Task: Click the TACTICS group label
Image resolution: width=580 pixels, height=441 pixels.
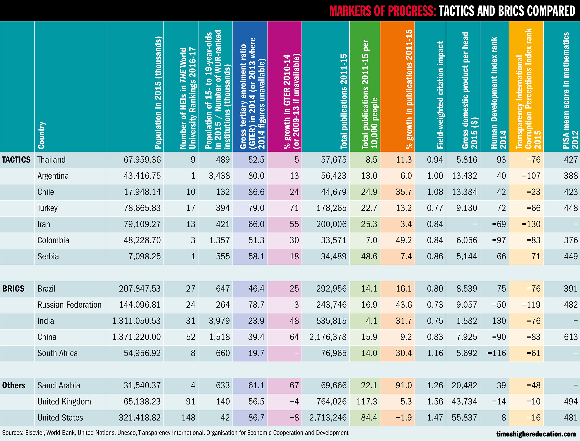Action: tap(16, 160)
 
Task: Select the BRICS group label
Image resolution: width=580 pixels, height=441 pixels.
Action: tap(13, 289)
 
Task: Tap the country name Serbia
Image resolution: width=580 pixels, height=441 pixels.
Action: tap(48, 256)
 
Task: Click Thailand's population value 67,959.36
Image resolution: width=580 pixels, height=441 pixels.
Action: tap(142, 160)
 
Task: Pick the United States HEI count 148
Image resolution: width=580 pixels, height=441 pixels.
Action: tap(189, 418)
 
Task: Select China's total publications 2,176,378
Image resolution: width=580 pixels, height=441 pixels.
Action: tap(328, 337)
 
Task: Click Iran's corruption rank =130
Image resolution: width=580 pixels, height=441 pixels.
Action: tap(531, 224)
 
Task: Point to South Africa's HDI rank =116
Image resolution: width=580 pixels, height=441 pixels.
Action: tap(497, 353)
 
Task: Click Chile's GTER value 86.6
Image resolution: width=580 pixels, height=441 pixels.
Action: tap(256, 192)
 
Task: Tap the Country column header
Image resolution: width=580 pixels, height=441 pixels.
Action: tap(42, 135)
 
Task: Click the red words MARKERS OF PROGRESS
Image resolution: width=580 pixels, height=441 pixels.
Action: tap(382, 11)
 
